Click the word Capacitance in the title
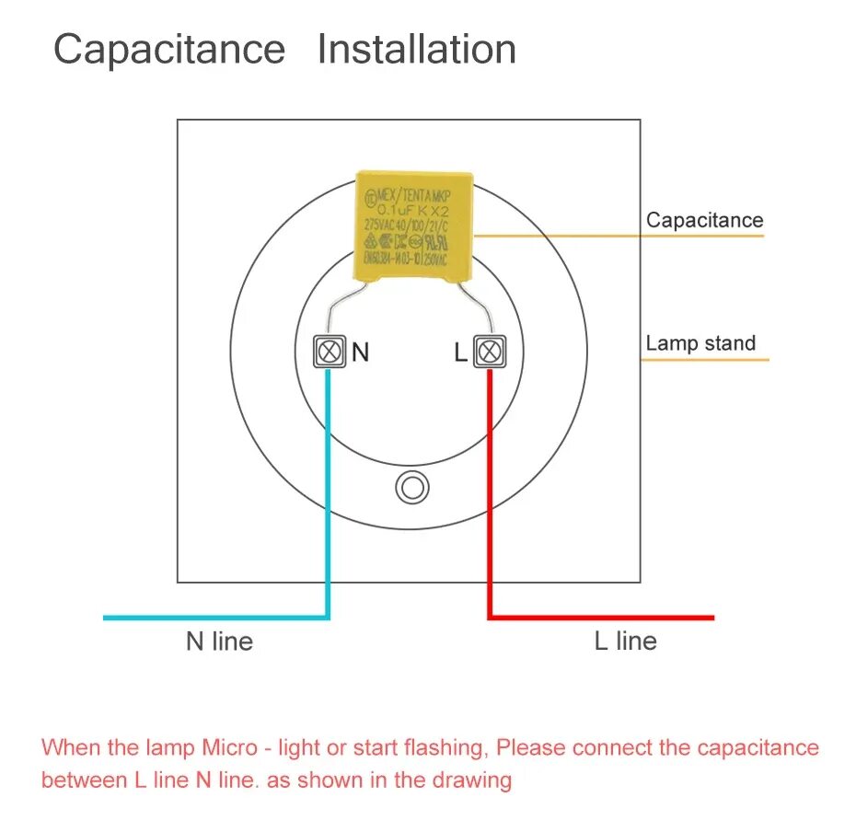pos(169,50)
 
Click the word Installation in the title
pos(416,50)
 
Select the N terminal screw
pos(329,352)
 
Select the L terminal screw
pos(490,352)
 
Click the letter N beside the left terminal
pos(360,352)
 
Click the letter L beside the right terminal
pos(460,352)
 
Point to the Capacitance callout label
pos(704,220)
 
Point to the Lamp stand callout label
pos(700,343)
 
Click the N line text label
pos(219,641)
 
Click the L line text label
pos(626,641)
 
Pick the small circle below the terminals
pos(412,488)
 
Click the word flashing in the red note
pos(448,747)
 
